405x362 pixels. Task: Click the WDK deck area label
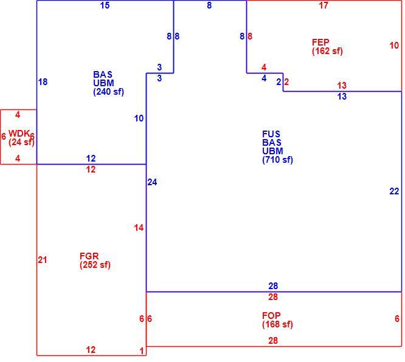(19, 134)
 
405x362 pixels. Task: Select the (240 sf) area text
(108, 92)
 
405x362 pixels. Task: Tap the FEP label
(320, 42)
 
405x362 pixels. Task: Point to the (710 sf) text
(278, 160)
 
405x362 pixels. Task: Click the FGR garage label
(89, 256)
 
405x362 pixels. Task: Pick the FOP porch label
(271, 316)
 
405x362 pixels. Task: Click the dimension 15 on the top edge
(105, 5)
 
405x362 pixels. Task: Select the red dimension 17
(324, 5)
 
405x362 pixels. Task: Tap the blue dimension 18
(43, 82)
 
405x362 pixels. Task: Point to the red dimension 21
(43, 260)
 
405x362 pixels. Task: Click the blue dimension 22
(394, 191)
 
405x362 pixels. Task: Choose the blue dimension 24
(152, 182)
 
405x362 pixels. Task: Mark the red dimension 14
(139, 228)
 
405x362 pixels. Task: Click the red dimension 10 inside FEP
(394, 46)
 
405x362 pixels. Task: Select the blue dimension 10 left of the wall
(139, 118)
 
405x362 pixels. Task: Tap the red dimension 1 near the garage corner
(142, 351)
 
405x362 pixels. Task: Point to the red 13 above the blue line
(342, 86)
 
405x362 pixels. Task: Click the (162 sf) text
(327, 51)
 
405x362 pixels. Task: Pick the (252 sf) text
(95, 265)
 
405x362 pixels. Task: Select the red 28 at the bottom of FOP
(273, 341)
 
